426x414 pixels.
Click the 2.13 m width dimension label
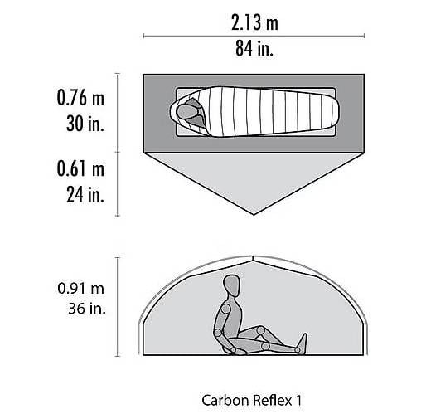click(x=254, y=22)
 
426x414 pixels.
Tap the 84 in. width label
click(x=254, y=48)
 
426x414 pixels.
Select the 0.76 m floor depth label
click(x=80, y=98)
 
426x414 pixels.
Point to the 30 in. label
click(x=85, y=123)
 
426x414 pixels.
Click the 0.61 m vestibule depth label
click(x=80, y=168)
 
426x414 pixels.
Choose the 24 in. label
click(x=85, y=194)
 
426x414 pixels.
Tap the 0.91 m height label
click(x=81, y=289)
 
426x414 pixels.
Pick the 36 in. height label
click(x=87, y=309)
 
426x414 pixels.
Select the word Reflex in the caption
click(x=272, y=400)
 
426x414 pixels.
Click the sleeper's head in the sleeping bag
click(x=187, y=111)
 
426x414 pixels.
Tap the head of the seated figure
click(x=231, y=285)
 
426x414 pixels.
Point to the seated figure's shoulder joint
click(x=226, y=308)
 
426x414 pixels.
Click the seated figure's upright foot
click(x=303, y=343)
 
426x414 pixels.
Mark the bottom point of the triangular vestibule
click(x=254, y=214)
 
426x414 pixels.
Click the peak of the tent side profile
click(x=253, y=257)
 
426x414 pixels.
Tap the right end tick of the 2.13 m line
click(x=364, y=36)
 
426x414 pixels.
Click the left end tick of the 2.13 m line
click(x=143, y=36)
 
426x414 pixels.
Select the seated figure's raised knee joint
click(x=260, y=330)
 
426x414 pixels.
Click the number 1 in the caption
click(x=298, y=400)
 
